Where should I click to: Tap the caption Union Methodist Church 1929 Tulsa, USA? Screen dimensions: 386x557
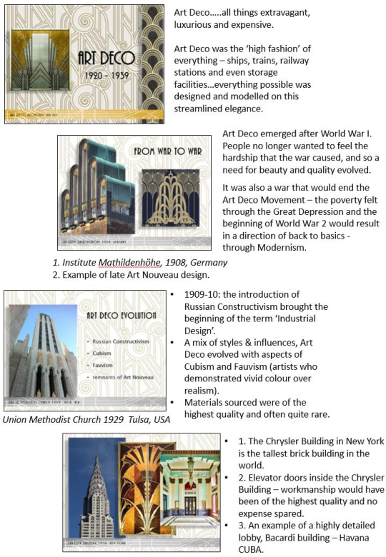pos(86,419)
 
